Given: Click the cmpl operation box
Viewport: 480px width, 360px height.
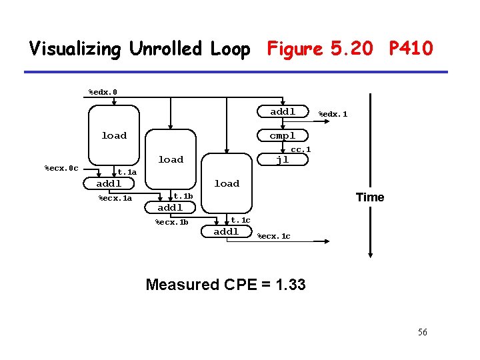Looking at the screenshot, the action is pos(283,135).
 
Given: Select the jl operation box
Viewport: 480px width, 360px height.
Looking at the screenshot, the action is pos(283,159).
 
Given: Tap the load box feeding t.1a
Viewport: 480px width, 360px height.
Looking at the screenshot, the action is pos(114,135).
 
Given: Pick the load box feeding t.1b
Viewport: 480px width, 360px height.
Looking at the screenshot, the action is pos(171,159).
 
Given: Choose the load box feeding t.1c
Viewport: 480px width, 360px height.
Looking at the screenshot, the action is pos(227,183).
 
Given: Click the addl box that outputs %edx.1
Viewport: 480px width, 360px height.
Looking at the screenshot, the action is pos(283,111).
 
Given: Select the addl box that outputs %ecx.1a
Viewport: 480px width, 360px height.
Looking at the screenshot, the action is pos(109,183).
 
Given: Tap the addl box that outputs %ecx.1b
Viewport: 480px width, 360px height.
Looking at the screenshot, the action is pos(170,207).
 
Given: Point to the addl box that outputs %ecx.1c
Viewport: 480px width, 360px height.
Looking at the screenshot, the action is pos(227,231).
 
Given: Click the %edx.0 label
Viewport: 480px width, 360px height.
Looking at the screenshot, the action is pos(103,92).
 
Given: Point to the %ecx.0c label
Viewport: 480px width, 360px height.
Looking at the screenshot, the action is pos(61,168).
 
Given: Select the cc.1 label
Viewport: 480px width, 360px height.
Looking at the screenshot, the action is pos(301,149).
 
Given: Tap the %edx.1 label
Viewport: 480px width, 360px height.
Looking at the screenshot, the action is pos(333,114).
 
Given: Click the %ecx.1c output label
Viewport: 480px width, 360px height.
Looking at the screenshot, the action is pos(274,236).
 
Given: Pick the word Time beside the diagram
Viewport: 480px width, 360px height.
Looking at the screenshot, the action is pos(370,197).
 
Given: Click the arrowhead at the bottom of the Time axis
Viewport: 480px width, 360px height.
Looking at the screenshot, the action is pos(371,255).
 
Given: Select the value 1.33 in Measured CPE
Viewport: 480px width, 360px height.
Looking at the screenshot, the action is pos(290,285).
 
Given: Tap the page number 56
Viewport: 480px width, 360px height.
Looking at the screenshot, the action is pos(423,332).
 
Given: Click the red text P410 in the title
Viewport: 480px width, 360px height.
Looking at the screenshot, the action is pos(411,48).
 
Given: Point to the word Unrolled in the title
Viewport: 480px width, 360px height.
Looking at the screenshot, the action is pos(165,48).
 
